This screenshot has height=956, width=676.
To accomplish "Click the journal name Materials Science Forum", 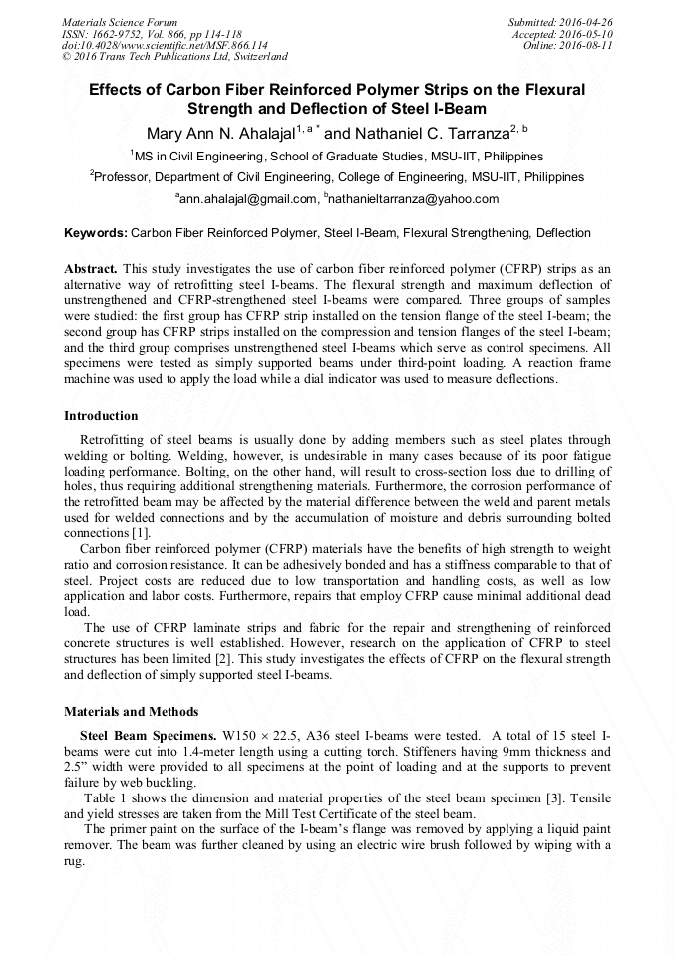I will point(120,22).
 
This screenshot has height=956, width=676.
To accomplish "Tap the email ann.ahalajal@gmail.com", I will point(249,199).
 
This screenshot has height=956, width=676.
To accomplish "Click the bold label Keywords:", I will point(96,233).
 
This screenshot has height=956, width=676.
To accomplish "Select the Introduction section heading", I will point(101,416).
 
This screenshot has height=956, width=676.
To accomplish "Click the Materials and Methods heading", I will point(131,712).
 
